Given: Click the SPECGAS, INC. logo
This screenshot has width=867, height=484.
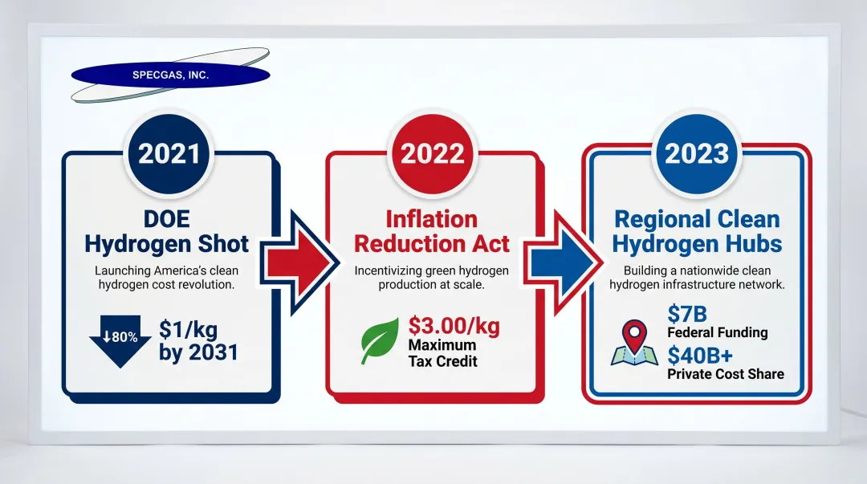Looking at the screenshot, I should (x=169, y=75).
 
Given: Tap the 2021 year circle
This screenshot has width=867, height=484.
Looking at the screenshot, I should (x=169, y=153).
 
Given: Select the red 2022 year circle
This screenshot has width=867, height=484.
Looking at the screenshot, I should (x=432, y=153).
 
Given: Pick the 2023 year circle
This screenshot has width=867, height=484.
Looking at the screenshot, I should (x=696, y=153).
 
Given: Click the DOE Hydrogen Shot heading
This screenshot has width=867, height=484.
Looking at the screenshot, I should (x=167, y=231).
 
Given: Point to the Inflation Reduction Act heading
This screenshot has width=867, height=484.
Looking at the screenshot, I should (x=432, y=231).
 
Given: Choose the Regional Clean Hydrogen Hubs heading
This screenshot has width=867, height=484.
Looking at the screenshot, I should (x=698, y=231).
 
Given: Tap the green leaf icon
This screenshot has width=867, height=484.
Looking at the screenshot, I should (x=380, y=340).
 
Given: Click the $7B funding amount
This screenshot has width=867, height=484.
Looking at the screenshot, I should (x=687, y=315).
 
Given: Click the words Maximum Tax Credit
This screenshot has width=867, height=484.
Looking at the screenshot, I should (x=443, y=353).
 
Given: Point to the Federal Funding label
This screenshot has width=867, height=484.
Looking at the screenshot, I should (x=718, y=332).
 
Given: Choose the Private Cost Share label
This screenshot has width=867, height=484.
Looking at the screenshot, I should (x=726, y=373).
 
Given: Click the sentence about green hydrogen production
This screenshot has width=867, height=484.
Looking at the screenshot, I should (x=432, y=278).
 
